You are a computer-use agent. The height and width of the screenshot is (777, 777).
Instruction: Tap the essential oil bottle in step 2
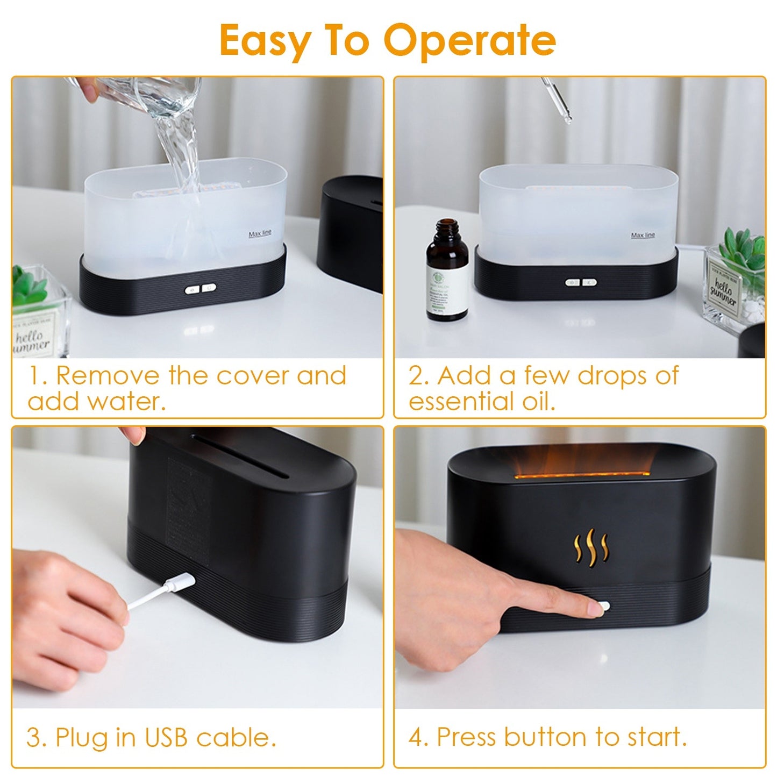pyautogui.click(x=446, y=272)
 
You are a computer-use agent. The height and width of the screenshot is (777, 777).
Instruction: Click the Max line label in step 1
pyautogui.click(x=260, y=234)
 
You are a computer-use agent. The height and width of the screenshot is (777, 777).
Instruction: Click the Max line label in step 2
pyautogui.click(x=643, y=236)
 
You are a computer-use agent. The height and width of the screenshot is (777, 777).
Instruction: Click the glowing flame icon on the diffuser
pyautogui.click(x=590, y=547)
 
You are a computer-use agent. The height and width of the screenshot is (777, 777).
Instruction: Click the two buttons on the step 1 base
pyautogui.click(x=201, y=289)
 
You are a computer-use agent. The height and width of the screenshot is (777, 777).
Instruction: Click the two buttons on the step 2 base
pyautogui.click(x=581, y=282)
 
